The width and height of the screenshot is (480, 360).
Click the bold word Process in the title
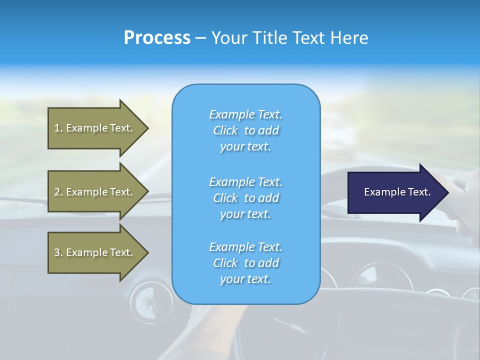tap(157, 38)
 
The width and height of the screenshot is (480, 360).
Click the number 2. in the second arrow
tap(58, 192)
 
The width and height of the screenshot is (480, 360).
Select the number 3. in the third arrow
tap(58, 252)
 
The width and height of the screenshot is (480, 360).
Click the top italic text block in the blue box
tap(245, 130)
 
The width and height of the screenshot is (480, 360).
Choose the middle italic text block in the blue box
tap(245, 198)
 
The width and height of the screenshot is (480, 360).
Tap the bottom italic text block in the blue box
tap(245, 263)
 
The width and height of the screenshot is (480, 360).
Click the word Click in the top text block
tap(225, 130)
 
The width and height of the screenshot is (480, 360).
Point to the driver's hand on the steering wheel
tap(462, 195)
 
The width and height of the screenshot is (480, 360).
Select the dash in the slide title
tap(200, 38)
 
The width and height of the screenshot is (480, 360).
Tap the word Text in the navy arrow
tap(419, 192)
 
